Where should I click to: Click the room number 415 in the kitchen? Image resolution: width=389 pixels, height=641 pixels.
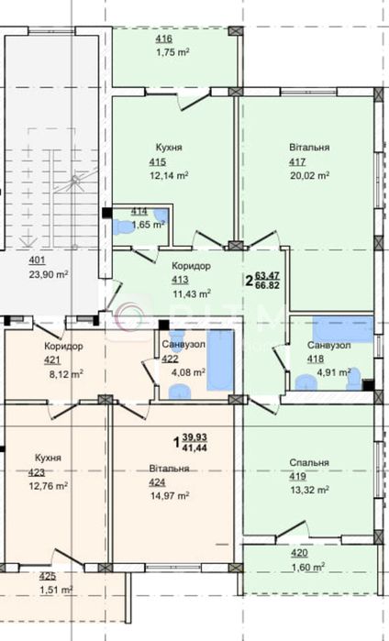click(158, 162)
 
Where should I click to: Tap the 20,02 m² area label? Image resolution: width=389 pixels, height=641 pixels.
click(310, 176)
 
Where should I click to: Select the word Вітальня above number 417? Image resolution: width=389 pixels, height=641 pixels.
click(309, 147)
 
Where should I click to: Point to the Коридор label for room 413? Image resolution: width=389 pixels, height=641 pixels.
click(191, 266)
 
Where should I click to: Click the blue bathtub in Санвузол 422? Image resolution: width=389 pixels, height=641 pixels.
click(220, 359)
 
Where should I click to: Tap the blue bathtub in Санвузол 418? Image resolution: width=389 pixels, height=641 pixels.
click(343, 328)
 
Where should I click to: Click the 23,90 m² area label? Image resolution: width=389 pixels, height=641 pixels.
click(49, 274)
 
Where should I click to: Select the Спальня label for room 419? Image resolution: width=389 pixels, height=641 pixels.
click(309, 463)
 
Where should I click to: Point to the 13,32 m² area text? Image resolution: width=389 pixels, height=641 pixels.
click(310, 491)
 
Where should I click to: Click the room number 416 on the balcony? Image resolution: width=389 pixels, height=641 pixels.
click(163, 39)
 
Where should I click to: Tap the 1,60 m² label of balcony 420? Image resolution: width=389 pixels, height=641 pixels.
click(307, 567)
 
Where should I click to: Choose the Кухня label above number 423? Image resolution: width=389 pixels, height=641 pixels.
click(48, 458)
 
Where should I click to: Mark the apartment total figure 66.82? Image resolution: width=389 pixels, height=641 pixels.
click(267, 285)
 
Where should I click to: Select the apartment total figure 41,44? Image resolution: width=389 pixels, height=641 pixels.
click(195, 448)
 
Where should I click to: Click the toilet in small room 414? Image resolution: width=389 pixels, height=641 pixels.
click(121, 227)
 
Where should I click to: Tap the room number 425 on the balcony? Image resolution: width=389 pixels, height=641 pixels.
click(48, 577)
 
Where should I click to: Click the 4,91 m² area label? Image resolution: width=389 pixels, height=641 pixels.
click(334, 372)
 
